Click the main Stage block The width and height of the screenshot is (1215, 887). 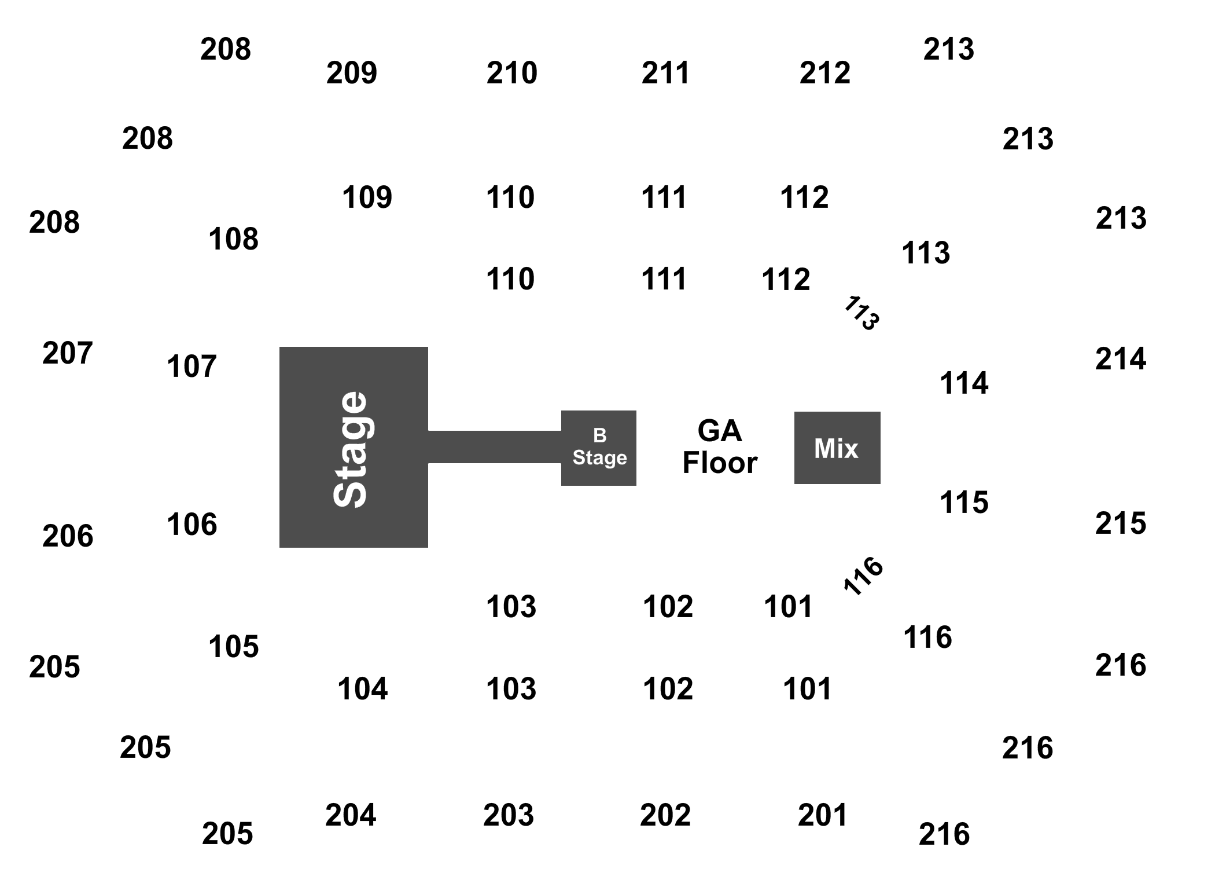tap(353, 447)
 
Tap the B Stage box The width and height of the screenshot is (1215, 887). tap(599, 448)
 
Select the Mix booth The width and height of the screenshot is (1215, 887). tap(837, 448)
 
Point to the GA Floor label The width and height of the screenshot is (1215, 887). tap(719, 447)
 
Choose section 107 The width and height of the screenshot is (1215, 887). tap(193, 366)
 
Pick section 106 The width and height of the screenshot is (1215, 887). tap(192, 525)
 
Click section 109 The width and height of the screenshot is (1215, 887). tap(367, 197)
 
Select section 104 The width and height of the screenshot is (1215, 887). tap(362, 689)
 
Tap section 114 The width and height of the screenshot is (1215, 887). tap(964, 383)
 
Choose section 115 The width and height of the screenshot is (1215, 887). tap(964, 502)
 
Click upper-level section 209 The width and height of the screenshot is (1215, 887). tap(351, 72)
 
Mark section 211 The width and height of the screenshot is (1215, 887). tap(665, 72)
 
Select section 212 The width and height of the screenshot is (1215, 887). tap(824, 72)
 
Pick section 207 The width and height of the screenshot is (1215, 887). tap(67, 353)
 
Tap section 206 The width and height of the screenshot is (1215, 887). tap(67, 536)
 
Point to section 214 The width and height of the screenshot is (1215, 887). tap(1120, 359)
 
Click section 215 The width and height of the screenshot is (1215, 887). tap(1120, 523)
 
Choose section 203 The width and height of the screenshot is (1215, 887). tap(509, 815)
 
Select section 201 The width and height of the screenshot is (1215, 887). tap(822, 815)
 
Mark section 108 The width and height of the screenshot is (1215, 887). tap(233, 239)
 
